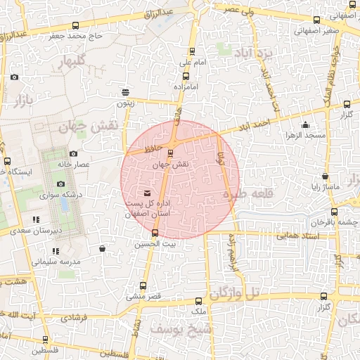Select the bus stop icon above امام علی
(193, 51)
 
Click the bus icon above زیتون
(125, 92)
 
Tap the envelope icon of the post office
(147, 193)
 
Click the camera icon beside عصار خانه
(73, 153)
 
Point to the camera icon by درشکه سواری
(60, 184)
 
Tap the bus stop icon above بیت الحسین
(155, 233)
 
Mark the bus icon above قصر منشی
(143, 285)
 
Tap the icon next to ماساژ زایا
(325, 176)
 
